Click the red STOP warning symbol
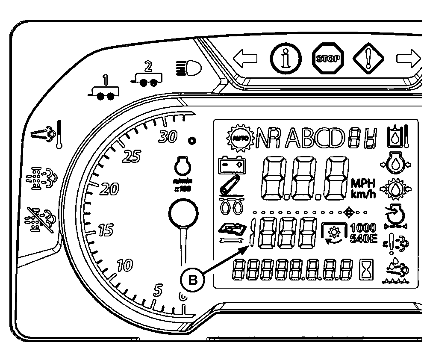pos(328,58)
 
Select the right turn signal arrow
pos(409,58)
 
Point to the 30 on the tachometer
pos(167,137)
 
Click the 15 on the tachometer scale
pos(105,230)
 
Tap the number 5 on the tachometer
pos(158,290)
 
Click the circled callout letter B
pos(193,280)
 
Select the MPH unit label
pos(363,183)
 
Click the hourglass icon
pos(366,270)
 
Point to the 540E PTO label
pos(363,239)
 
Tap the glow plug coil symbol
pos(231,207)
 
